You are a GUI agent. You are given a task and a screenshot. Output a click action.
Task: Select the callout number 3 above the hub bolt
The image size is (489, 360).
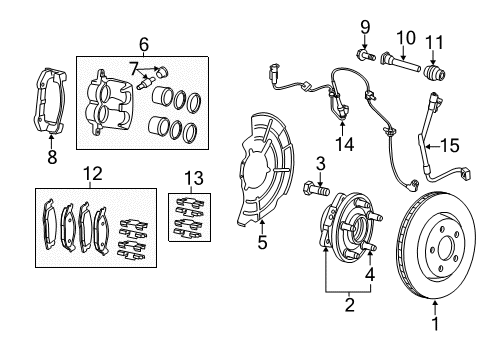click(x=321, y=163)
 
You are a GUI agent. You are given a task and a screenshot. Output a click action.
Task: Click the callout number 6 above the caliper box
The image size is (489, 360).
click(x=144, y=45)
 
